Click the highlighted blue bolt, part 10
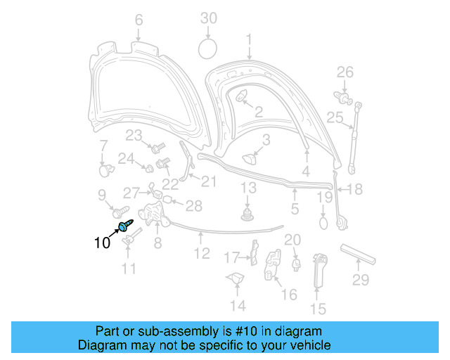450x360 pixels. coord(125,225)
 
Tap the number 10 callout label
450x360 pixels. coord(102,243)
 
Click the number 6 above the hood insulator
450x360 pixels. coord(138,20)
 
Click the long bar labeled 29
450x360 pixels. coord(358,253)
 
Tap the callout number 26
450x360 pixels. coord(344,72)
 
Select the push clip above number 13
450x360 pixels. coord(247,212)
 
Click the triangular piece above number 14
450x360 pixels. coord(234,278)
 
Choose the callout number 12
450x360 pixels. coord(202,254)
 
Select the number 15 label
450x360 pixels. coord(318,308)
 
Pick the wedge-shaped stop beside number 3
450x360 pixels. coord(250,159)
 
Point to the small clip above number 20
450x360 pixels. coord(296,264)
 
